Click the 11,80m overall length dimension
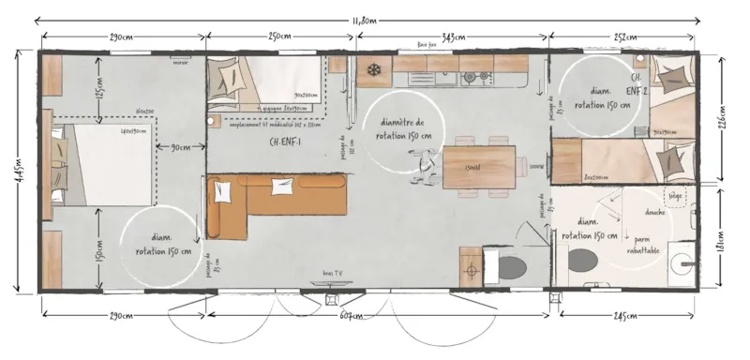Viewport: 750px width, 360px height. (366, 19)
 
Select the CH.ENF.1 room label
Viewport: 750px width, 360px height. (284, 142)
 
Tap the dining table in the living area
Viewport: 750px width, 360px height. (478, 166)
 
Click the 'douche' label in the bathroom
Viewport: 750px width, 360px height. (655, 212)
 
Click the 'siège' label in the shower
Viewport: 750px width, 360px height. (674, 197)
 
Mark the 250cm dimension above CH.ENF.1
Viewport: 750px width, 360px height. (280, 37)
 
